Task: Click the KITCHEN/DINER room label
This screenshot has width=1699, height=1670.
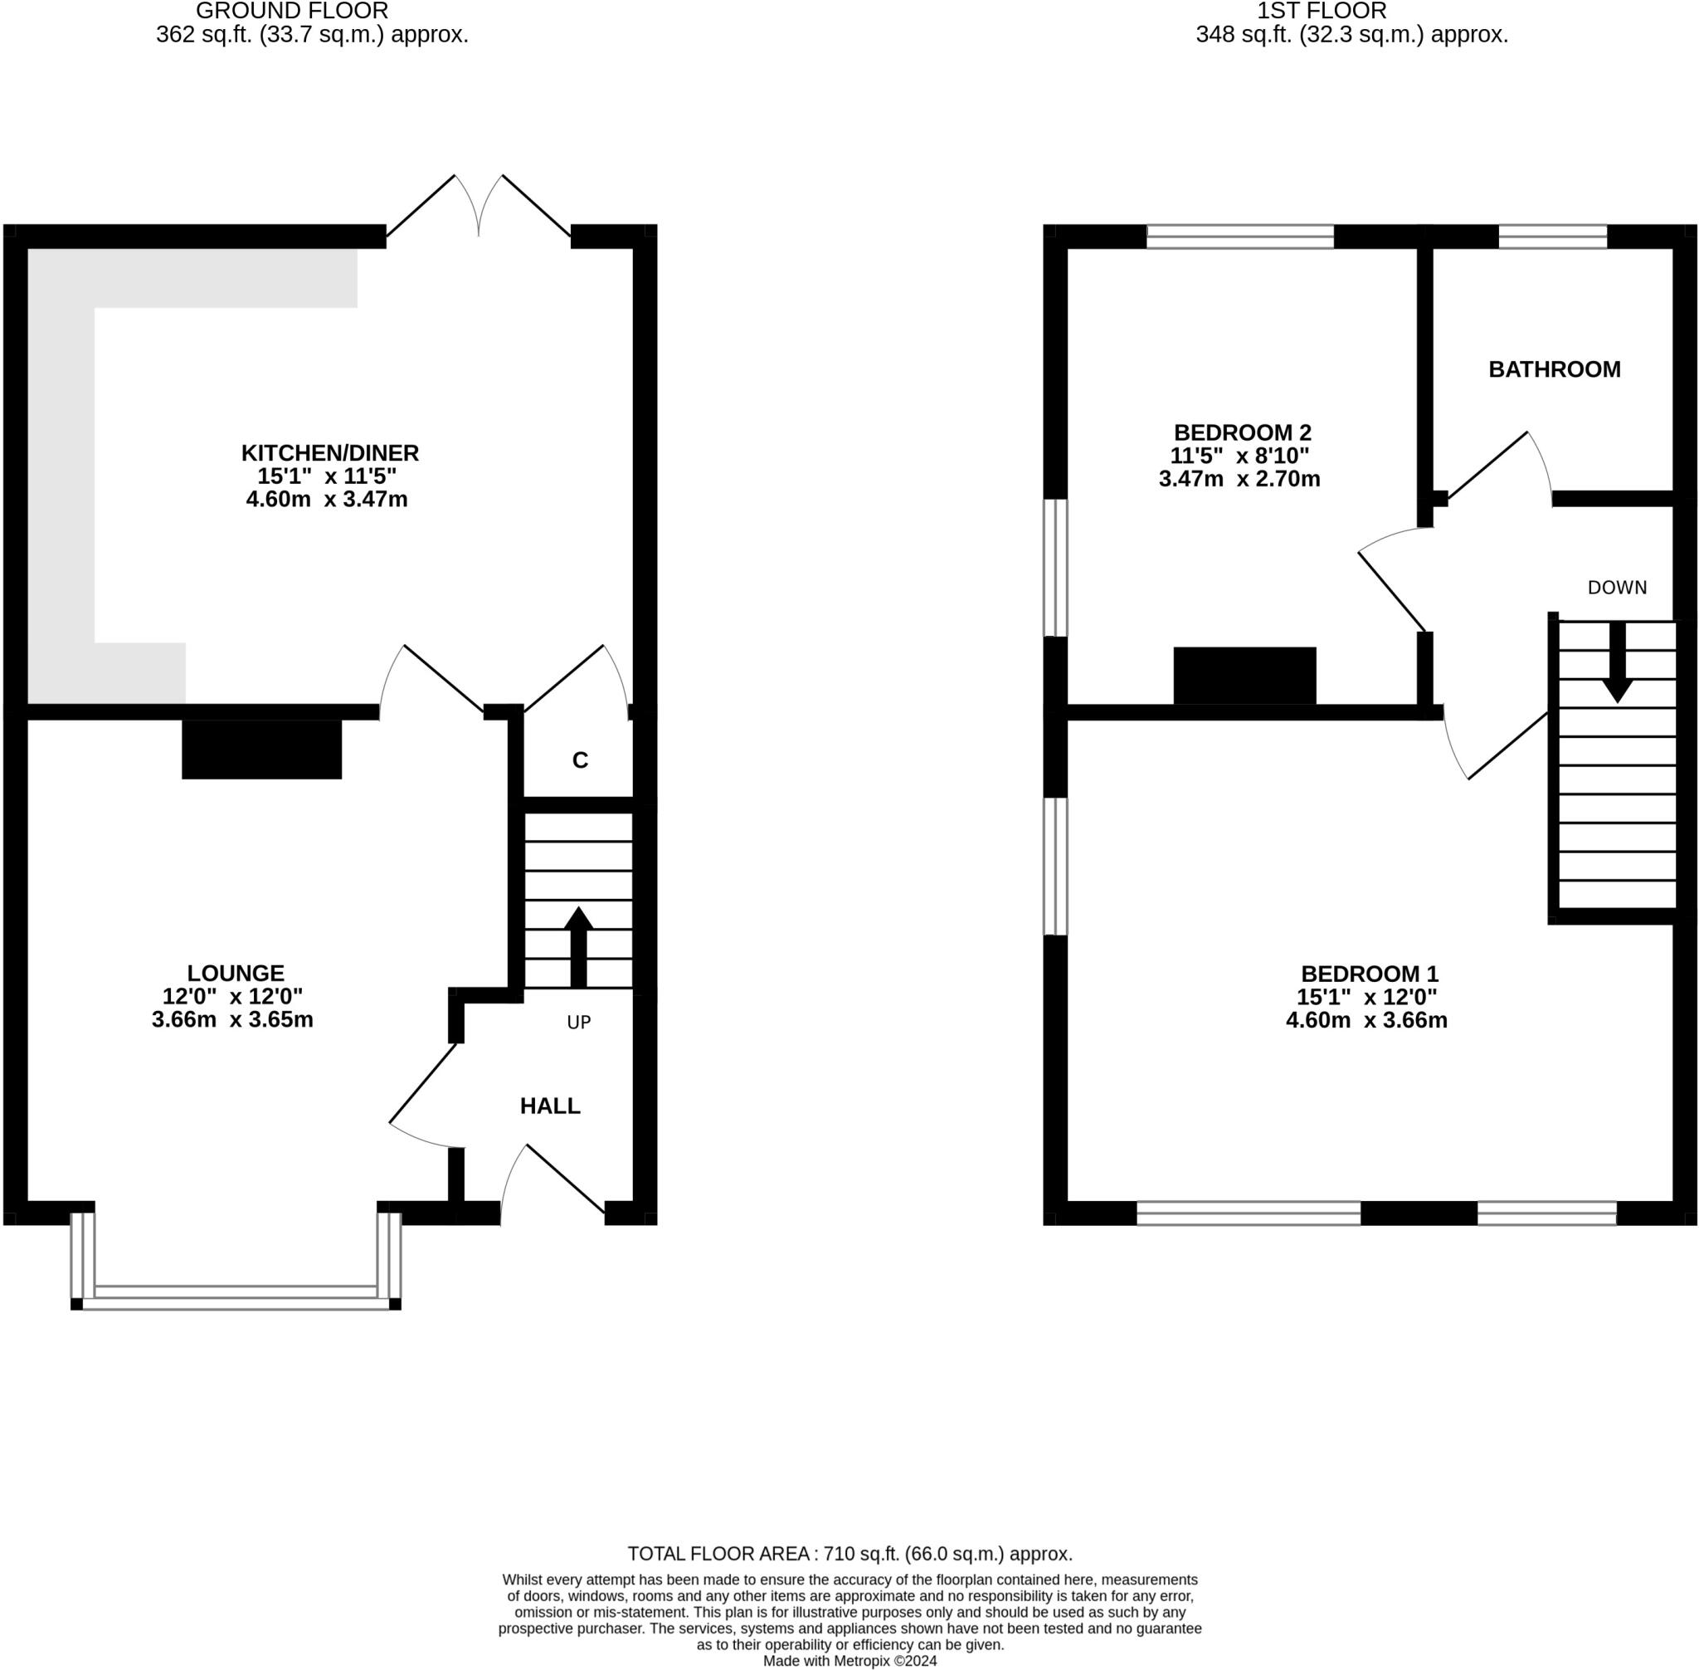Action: (329, 453)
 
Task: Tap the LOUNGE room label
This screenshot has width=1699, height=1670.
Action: (235, 973)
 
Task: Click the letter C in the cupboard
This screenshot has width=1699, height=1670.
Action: (580, 760)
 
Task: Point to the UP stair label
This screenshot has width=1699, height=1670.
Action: (578, 1022)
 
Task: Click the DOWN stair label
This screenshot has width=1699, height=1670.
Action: (1617, 588)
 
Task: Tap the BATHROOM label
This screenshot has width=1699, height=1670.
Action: (1554, 369)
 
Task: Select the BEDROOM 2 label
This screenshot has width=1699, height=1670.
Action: (1241, 432)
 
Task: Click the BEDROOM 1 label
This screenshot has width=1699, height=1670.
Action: (1369, 974)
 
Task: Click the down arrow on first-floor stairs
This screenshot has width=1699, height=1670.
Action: (1617, 663)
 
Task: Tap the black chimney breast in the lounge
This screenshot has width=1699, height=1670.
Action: (261, 749)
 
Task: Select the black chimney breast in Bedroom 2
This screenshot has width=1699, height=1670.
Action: (1244, 676)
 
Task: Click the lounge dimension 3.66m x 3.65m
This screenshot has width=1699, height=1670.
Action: (232, 1020)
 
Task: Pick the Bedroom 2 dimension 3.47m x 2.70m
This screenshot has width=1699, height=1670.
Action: (1239, 479)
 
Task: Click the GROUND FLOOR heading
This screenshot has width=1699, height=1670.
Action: (292, 12)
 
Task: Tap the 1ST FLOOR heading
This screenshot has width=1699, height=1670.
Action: (1322, 12)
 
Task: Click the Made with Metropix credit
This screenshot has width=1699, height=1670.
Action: (849, 1660)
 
